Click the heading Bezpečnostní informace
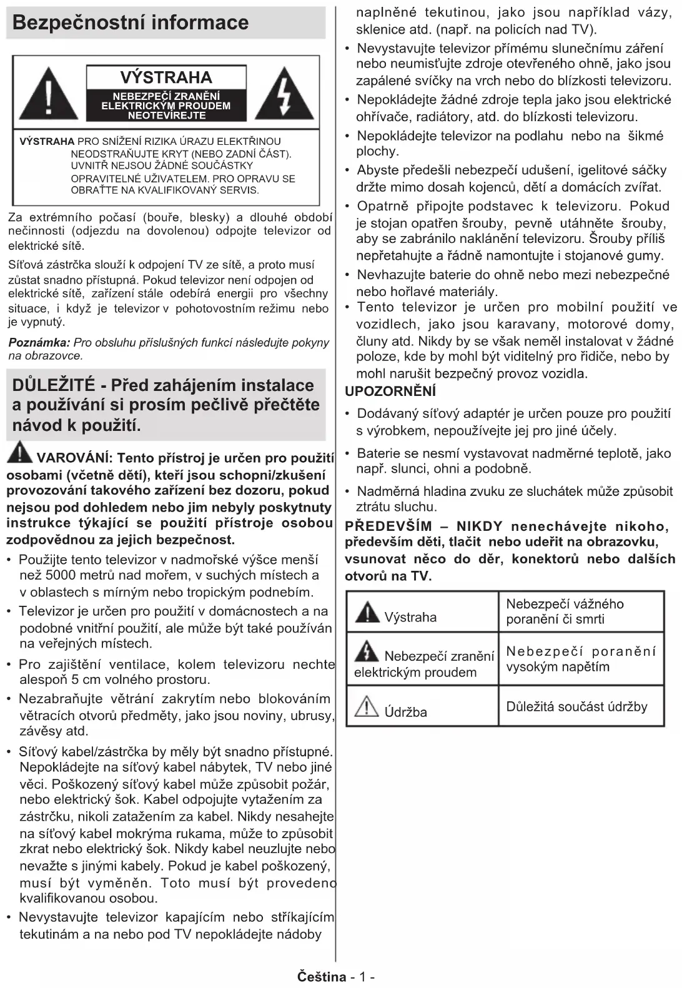[131, 22]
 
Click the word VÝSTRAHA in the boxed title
[166, 77]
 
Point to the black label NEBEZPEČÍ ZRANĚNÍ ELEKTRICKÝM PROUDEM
[166, 106]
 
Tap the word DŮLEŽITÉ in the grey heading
[54, 385]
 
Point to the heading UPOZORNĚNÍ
[390, 392]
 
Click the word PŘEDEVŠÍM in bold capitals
[388, 526]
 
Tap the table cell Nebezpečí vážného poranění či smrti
[565, 611]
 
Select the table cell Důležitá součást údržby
[576, 706]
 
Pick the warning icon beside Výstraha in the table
[367, 612]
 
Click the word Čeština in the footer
[322, 977]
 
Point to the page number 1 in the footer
[363, 977]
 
